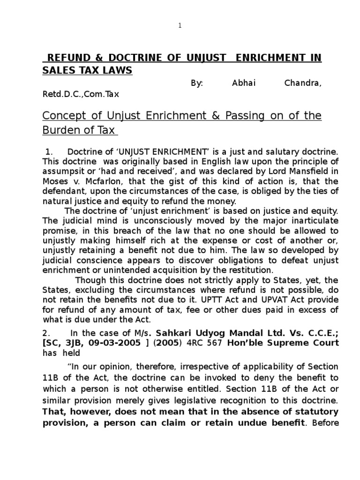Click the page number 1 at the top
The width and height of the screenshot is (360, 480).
click(180, 26)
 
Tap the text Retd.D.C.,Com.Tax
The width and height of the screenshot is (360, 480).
click(81, 94)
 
